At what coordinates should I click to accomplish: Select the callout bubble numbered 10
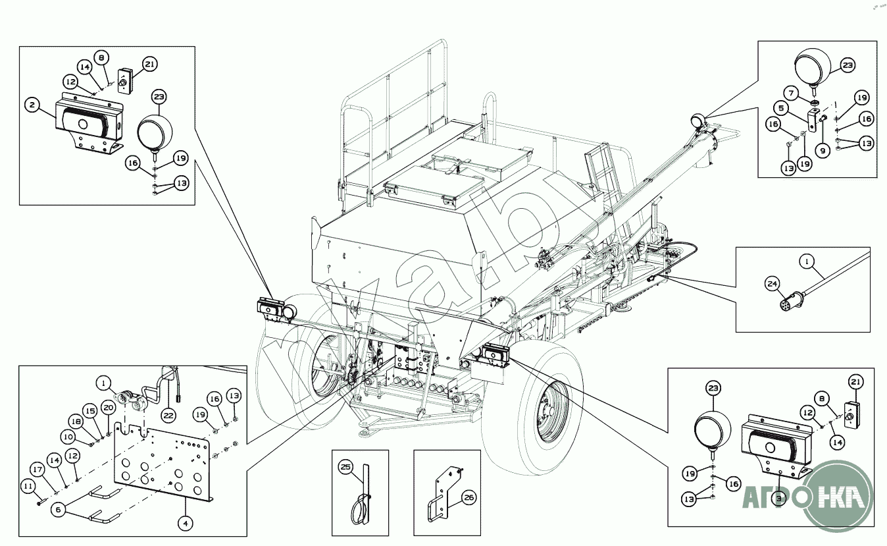[x=69, y=436]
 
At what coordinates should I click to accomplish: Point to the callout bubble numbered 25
[x=346, y=467]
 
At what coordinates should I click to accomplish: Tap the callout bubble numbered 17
[x=38, y=470]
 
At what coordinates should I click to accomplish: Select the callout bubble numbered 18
[x=76, y=422]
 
